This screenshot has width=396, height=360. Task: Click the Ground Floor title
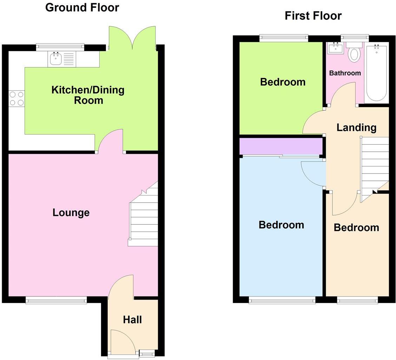tap(82, 7)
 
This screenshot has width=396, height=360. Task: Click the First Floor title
tap(313, 16)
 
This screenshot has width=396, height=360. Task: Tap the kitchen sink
tap(56, 59)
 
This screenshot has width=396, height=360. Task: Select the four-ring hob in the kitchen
tap(16, 98)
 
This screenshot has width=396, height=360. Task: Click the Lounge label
tap(71, 212)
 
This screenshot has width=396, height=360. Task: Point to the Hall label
tap(132, 320)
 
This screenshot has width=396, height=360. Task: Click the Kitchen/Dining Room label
tap(88, 95)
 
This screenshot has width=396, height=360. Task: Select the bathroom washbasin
tap(335, 48)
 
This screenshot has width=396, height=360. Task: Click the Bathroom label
tap(345, 73)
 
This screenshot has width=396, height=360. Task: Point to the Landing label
tap(356, 127)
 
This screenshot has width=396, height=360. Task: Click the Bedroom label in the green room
tap(283, 82)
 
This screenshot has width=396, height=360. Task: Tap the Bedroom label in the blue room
tap(281, 225)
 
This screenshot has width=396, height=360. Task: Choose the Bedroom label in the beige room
tap(356, 228)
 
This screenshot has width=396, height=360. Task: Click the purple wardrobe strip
tap(281, 146)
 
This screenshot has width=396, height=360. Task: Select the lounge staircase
tap(144, 218)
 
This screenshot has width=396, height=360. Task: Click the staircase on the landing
tap(375, 165)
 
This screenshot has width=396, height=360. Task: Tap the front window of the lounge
tap(56, 300)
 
